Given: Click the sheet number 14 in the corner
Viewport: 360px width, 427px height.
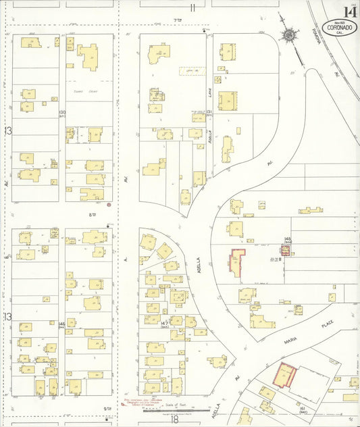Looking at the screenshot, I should click(350, 11).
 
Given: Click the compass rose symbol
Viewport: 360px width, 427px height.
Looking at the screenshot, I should click(288, 35).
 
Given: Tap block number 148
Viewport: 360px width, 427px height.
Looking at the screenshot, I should click(288, 240).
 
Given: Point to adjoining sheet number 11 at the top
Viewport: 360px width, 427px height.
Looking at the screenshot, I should click(192, 8).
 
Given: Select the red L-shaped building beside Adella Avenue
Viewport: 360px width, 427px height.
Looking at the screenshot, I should click(237, 260).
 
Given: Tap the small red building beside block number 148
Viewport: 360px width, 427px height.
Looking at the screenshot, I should click(285, 251).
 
